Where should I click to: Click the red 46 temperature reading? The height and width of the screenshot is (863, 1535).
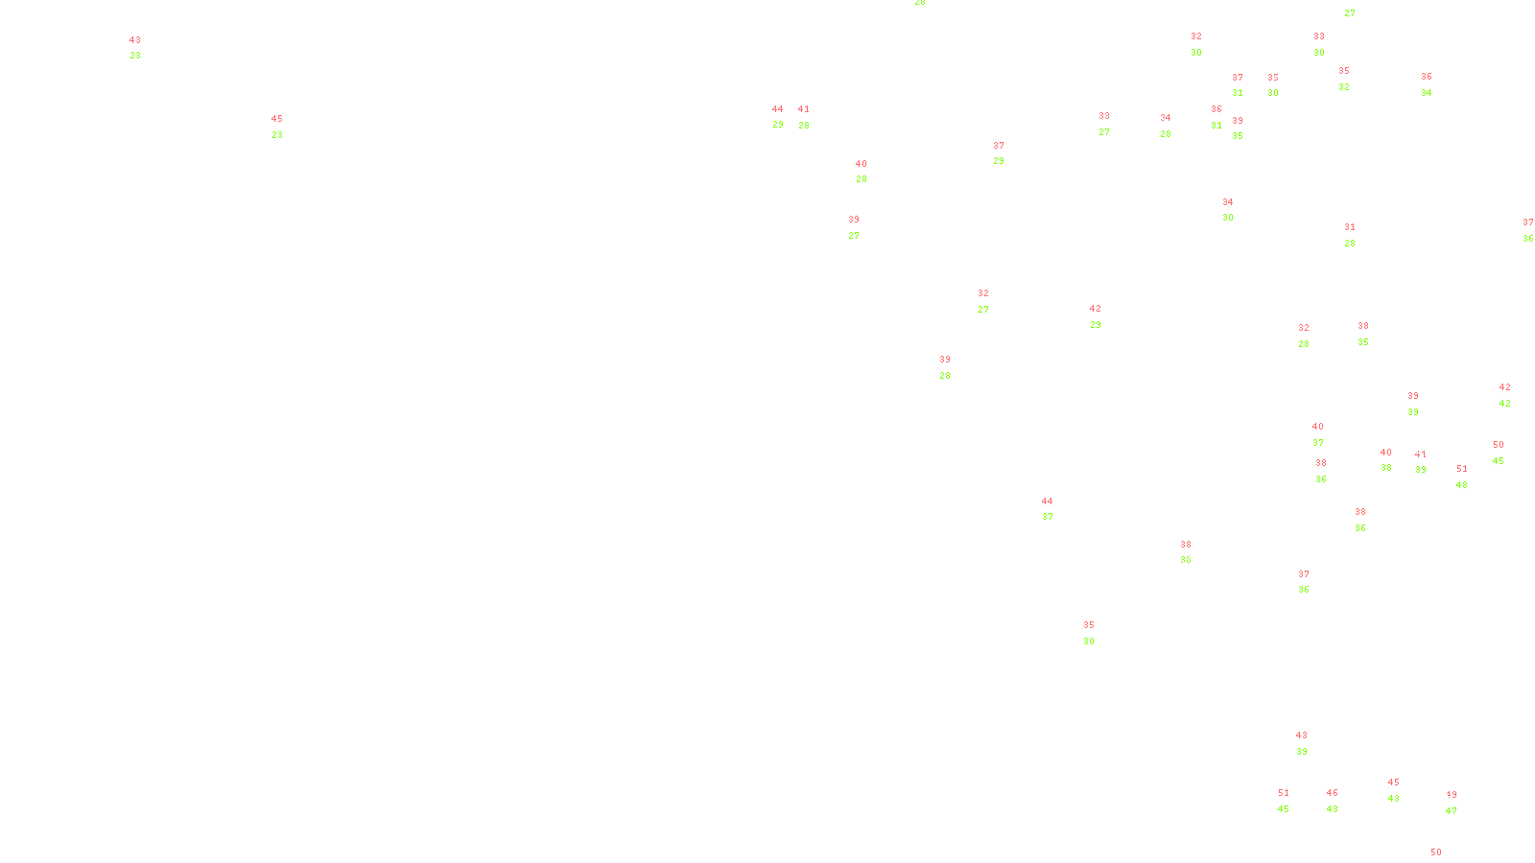[x=1332, y=793]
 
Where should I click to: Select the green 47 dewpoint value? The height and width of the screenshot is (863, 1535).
[x=1451, y=811]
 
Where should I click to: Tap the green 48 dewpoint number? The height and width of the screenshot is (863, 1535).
[x=1461, y=485]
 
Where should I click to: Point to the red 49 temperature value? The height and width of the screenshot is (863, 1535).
[x=1451, y=795]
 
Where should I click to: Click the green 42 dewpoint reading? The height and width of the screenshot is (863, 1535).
[x=1504, y=404]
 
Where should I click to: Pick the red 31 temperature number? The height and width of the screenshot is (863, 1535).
[x=1350, y=227]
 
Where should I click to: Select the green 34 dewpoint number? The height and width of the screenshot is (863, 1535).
[x=1426, y=93]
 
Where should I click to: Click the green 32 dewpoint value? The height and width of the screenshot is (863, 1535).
[x=1343, y=87]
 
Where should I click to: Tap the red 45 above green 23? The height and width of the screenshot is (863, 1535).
[x=276, y=119]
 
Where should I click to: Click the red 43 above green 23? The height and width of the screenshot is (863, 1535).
[x=134, y=40]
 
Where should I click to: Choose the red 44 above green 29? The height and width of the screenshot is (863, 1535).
[x=777, y=109]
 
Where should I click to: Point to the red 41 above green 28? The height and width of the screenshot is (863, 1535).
[x=803, y=109]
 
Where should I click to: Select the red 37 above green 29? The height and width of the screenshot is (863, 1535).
[x=999, y=146]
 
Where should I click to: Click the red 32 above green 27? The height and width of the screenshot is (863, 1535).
[x=982, y=293]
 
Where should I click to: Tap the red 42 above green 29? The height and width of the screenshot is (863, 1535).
[x=1095, y=309]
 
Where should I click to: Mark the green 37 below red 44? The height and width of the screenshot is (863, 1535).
[x=1047, y=517]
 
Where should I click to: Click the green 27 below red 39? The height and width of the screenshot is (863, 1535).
[x=853, y=236]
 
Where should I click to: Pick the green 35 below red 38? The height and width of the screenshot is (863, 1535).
[x=1362, y=342]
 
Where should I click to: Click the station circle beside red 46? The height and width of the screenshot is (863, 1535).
[x=1342, y=801]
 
